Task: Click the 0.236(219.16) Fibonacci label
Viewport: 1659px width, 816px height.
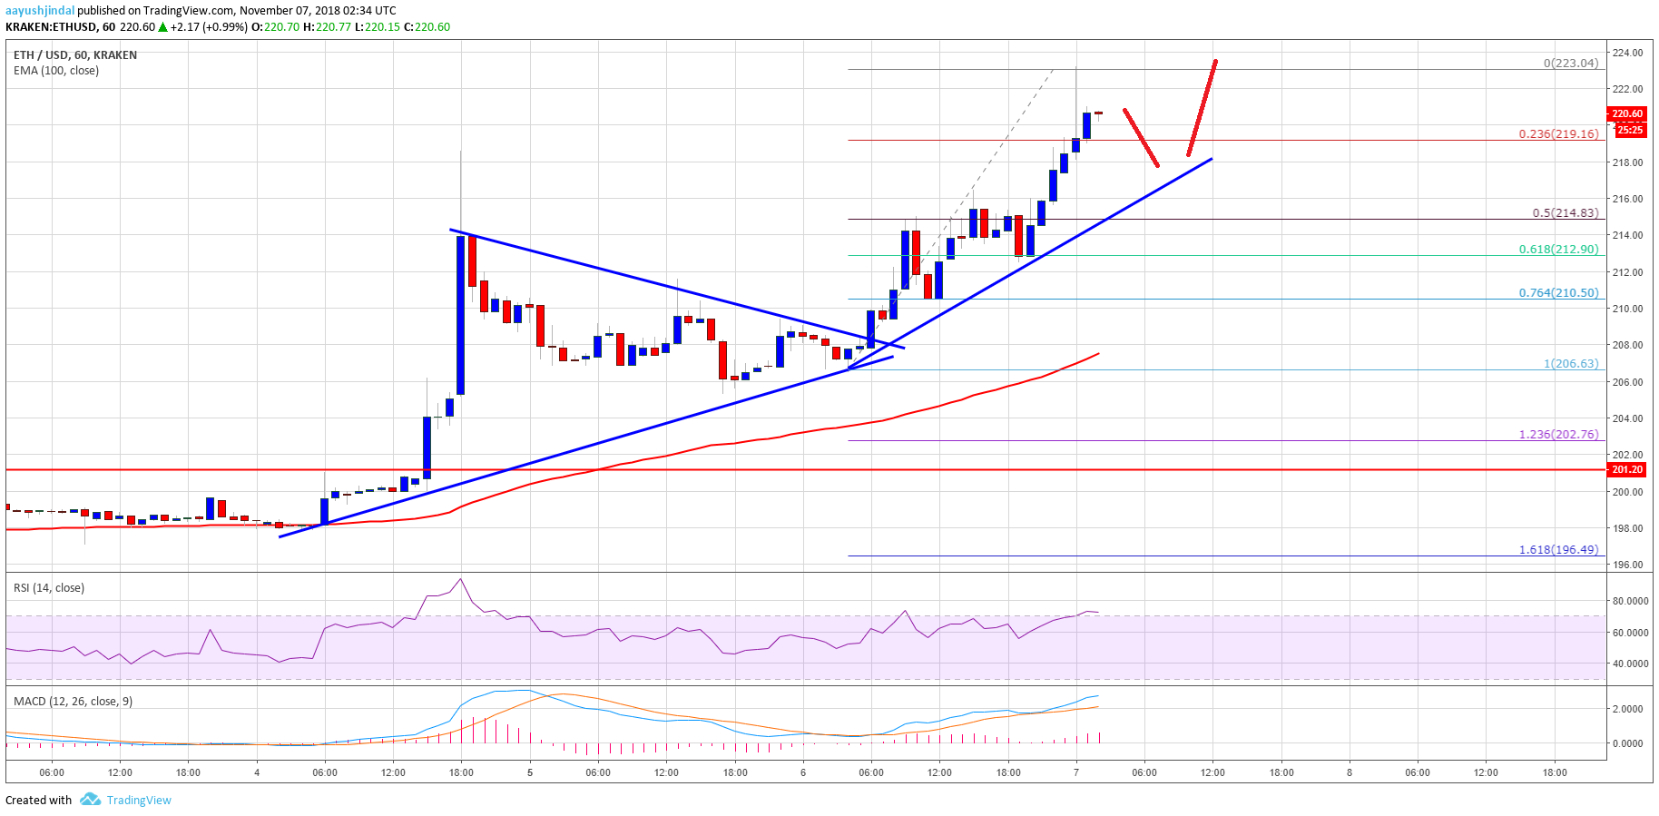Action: pyautogui.click(x=1558, y=133)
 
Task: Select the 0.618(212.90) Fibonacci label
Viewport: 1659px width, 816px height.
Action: pyautogui.click(x=1558, y=249)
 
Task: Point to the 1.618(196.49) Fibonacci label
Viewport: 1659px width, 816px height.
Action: pyautogui.click(x=1558, y=549)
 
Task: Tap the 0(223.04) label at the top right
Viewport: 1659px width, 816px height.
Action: pyautogui.click(x=1570, y=63)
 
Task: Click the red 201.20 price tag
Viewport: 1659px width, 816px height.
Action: pyautogui.click(x=1626, y=469)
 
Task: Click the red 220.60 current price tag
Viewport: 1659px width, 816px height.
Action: pyautogui.click(x=1626, y=113)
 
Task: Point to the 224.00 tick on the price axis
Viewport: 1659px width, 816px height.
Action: pyautogui.click(x=1628, y=53)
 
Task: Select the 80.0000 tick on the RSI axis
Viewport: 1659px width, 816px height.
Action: pyautogui.click(x=1630, y=601)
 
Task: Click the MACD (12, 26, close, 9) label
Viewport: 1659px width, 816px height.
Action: pyautogui.click(x=73, y=701)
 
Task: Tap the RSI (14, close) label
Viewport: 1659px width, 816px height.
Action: pyautogui.click(x=49, y=587)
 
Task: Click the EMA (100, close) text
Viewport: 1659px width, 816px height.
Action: pyautogui.click(x=56, y=70)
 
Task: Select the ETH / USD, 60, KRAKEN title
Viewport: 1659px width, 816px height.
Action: pyautogui.click(x=75, y=54)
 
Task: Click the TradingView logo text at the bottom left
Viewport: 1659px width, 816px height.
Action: pyautogui.click(x=138, y=800)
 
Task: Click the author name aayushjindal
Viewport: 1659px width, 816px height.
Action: pyautogui.click(x=40, y=10)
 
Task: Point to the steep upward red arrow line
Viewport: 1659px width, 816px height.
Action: pyautogui.click(x=1202, y=107)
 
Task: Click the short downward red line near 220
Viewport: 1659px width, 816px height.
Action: pyautogui.click(x=1141, y=137)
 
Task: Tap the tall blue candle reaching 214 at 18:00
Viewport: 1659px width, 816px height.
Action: pyautogui.click(x=461, y=314)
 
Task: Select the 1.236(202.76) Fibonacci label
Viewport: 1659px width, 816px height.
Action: pyautogui.click(x=1558, y=434)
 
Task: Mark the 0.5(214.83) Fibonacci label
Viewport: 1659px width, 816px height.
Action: pyautogui.click(x=1565, y=212)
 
